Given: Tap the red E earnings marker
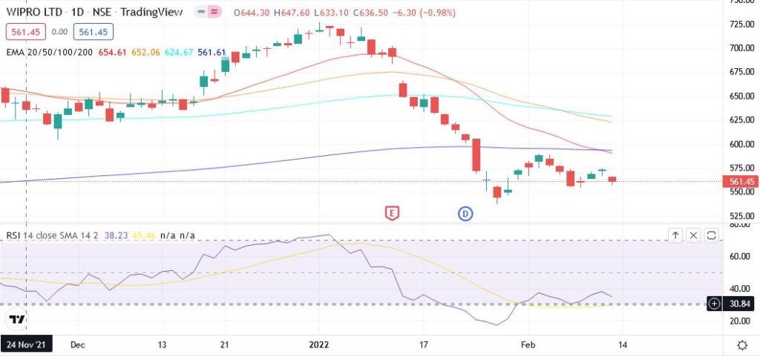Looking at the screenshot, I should (x=392, y=214).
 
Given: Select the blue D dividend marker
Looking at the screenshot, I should (x=465, y=214).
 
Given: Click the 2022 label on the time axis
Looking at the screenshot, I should (x=318, y=345).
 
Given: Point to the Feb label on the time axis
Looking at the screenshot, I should (x=528, y=345).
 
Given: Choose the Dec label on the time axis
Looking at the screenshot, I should (x=77, y=345).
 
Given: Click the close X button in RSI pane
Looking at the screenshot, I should (x=693, y=235).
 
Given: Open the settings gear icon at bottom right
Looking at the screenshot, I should (x=741, y=345).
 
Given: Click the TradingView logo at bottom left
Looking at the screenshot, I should (x=16, y=320).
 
